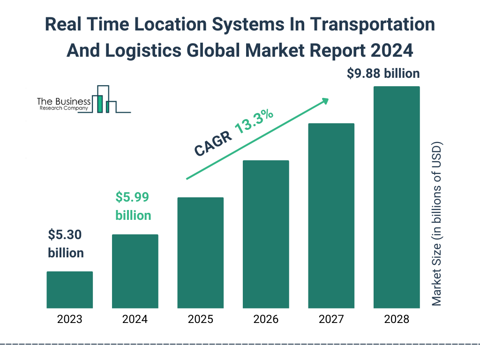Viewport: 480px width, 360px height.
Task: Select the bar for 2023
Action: click(69, 290)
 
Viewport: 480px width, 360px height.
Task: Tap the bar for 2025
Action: click(200, 253)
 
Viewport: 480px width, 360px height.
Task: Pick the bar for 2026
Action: click(266, 234)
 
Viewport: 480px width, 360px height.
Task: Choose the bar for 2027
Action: click(331, 216)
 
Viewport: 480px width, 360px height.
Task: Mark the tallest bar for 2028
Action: click(397, 197)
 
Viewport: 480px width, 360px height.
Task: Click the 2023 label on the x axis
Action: click(69, 320)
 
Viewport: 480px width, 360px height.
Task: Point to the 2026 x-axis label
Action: click(266, 320)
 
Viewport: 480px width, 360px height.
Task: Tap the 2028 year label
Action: click(397, 320)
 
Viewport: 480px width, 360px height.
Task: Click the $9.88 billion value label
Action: click(383, 74)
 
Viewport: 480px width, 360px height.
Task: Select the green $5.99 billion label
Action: click(133, 206)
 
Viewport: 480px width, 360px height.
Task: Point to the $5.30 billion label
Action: click(66, 244)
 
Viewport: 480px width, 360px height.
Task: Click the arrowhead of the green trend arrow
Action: click(325, 100)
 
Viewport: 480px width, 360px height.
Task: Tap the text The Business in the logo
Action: click(64, 102)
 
